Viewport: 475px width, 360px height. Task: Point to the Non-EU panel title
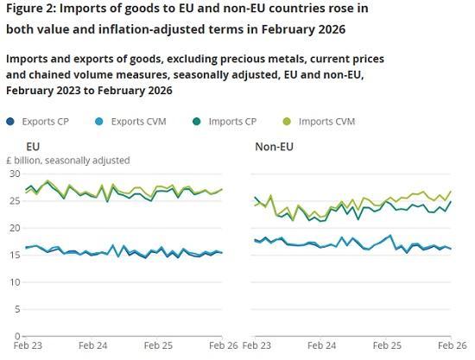[274, 147]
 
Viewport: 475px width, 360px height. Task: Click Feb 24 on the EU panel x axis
[92, 345]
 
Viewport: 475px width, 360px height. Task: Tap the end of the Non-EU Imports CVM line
[451, 192]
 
